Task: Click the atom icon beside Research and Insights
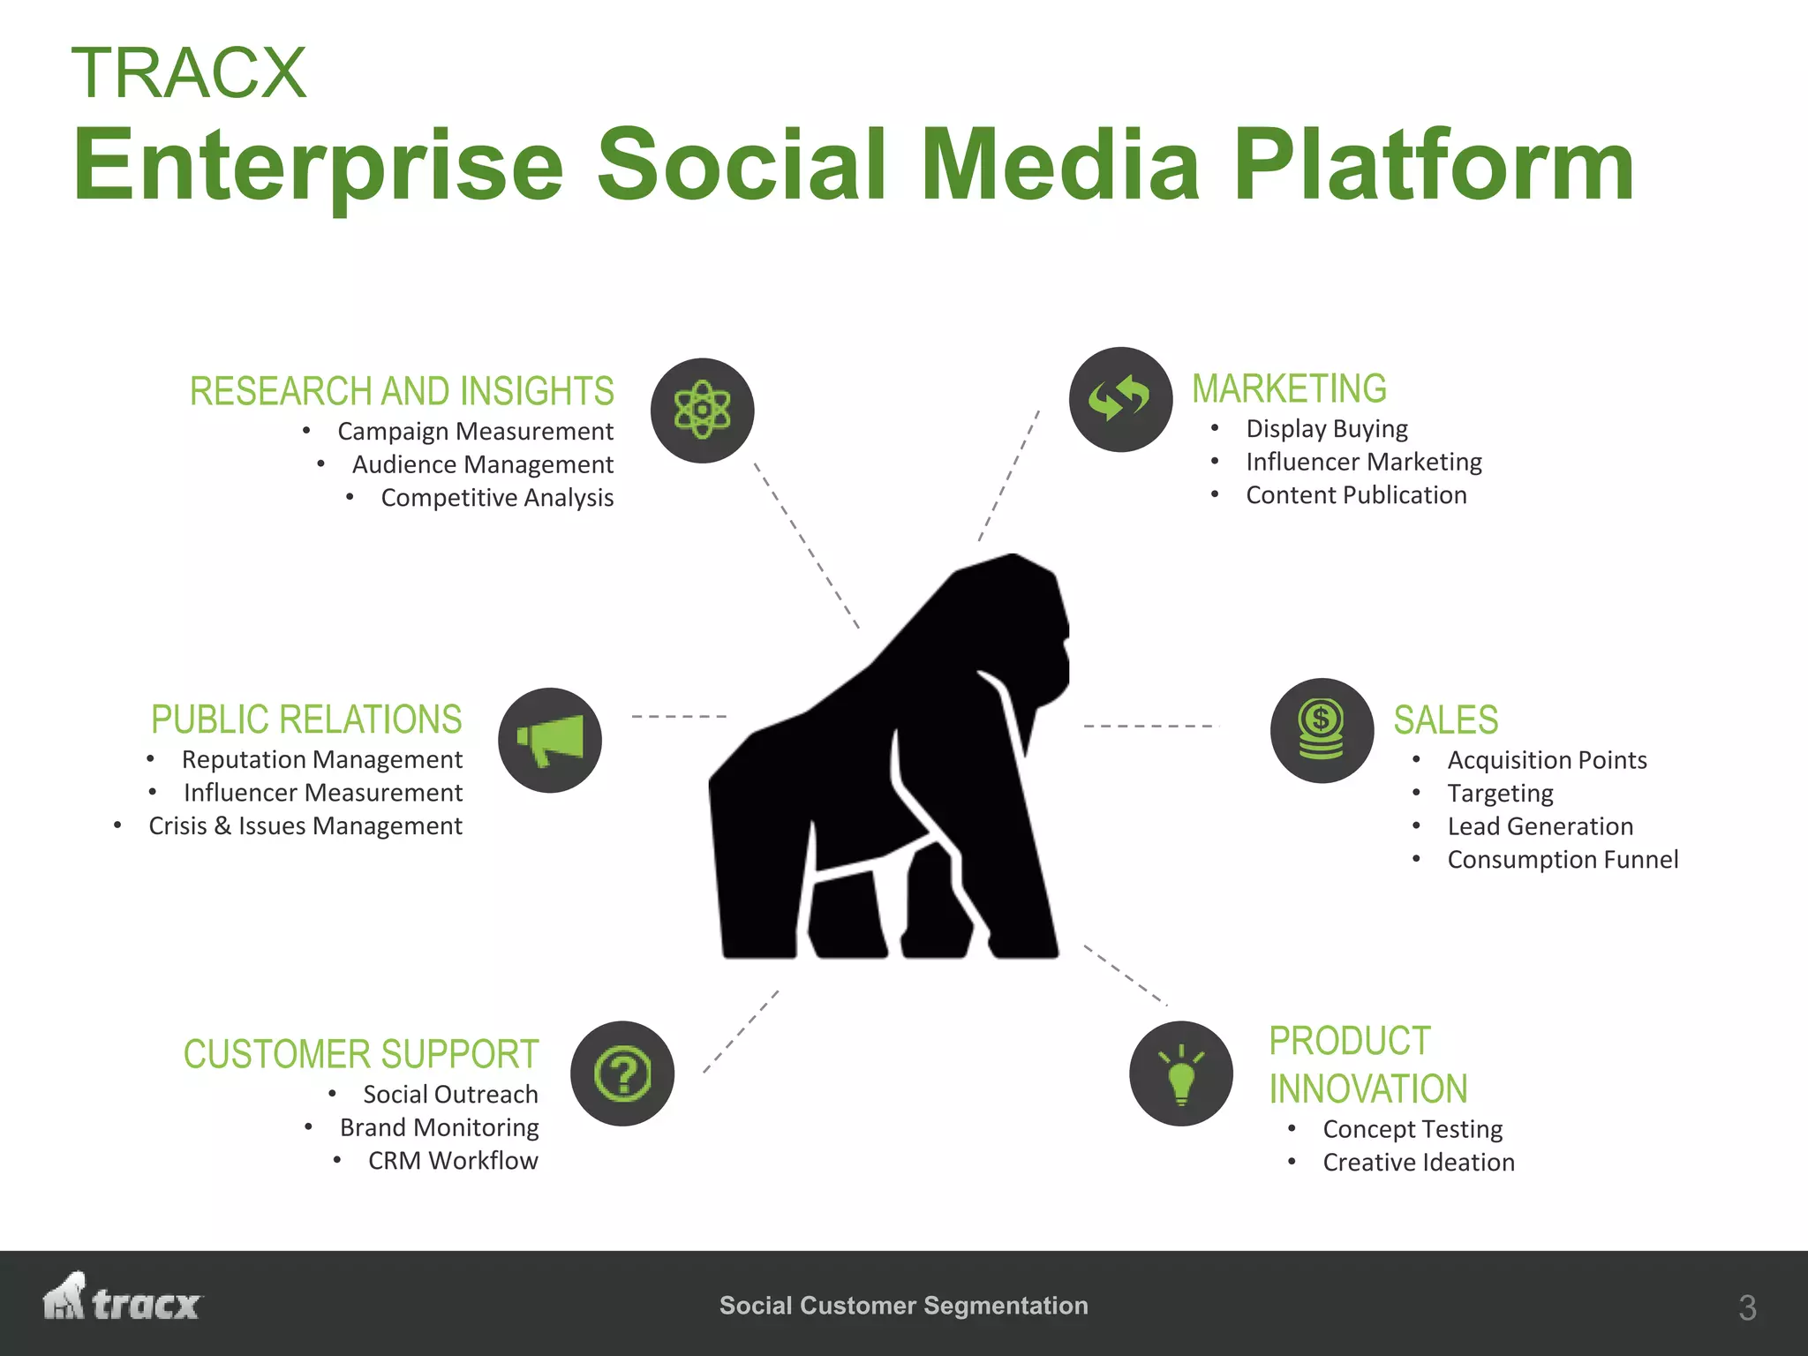702,411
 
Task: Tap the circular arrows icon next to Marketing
1120,399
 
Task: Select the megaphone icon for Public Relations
550,740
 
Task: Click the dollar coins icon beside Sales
1322,730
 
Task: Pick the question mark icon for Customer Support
622,1073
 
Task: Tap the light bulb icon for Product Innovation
1181,1073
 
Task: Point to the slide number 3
1746,1307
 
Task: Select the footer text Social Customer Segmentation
903,1306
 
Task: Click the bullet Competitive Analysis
497,498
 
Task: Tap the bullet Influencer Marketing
1363,462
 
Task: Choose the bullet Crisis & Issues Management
305,826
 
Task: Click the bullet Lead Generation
1540,826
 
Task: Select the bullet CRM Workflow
453,1161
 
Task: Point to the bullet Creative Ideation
1418,1163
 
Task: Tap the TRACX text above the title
189,72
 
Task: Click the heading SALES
1445,720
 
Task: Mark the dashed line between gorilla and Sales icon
1151,726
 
